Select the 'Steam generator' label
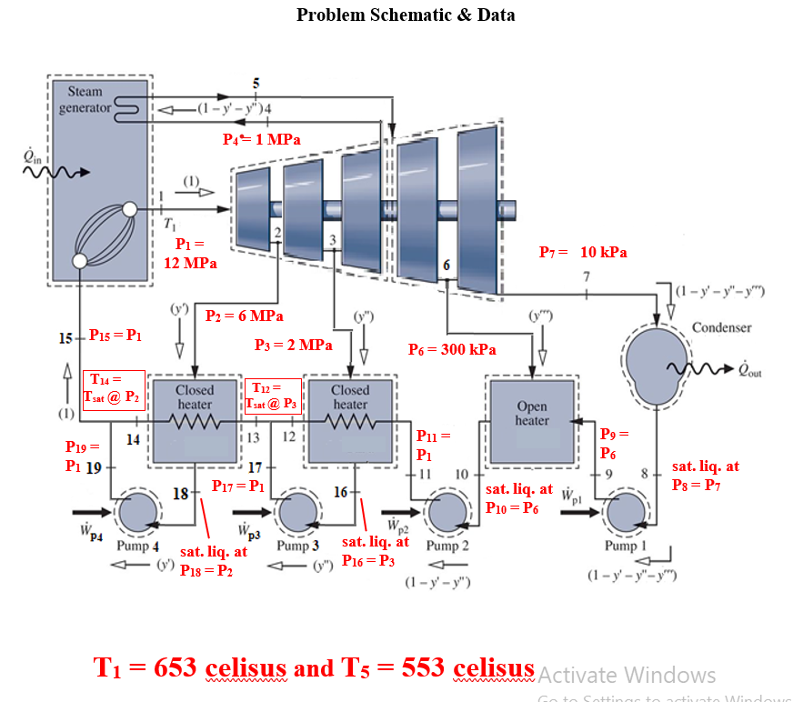click(x=85, y=99)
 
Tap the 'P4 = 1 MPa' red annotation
click(x=262, y=139)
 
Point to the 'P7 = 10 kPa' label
click(x=583, y=252)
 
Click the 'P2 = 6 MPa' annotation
click(x=245, y=316)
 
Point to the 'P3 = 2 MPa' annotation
click(x=293, y=346)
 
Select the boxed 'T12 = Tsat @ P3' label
click(x=274, y=396)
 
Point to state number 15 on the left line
click(x=65, y=338)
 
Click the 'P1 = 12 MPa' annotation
click(x=190, y=254)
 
